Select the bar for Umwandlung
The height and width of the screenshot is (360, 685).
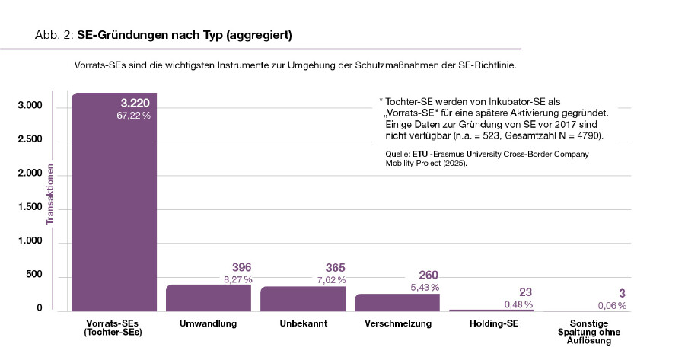(208, 298)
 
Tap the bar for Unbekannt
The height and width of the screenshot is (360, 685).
(302, 298)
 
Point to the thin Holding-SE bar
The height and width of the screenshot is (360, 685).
(491, 311)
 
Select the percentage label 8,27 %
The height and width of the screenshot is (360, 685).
(237, 280)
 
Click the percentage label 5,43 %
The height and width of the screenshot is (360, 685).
(425, 287)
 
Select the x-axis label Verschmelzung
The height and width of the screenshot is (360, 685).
(396, 324)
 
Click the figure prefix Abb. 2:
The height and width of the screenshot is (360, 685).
(54, 36)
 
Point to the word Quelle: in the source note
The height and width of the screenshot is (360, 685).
(400, 154)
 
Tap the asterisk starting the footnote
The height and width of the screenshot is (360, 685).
(380, 100)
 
